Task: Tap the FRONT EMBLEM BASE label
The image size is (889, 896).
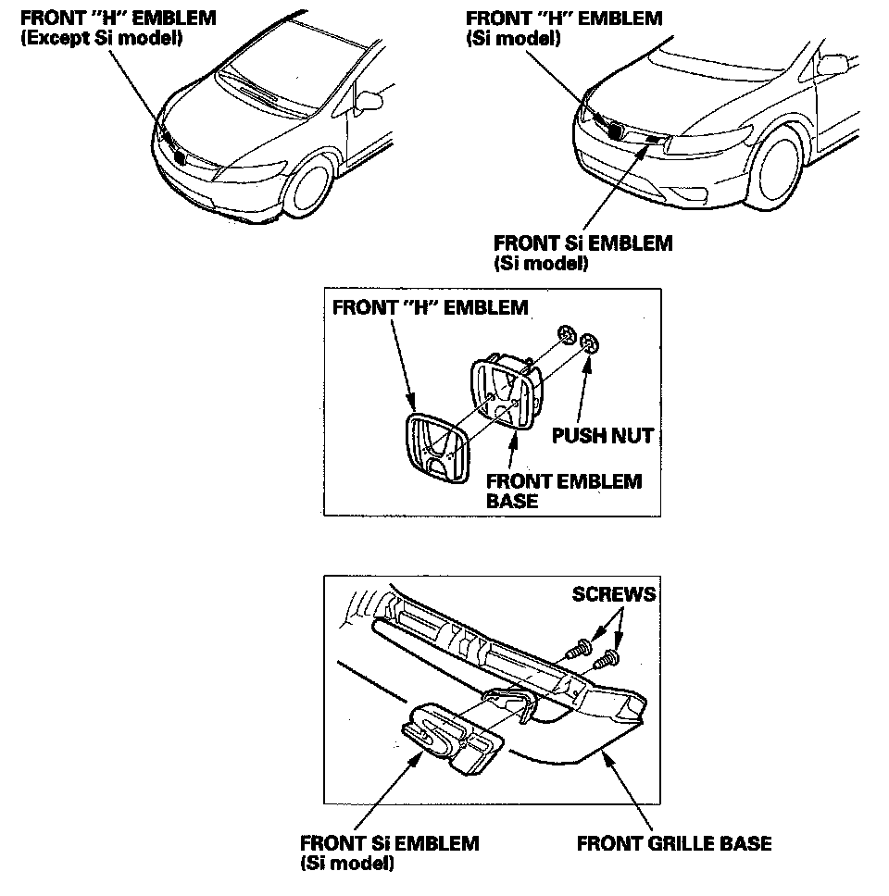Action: tap(563, 491)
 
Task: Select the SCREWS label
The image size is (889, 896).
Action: tap(613, 594)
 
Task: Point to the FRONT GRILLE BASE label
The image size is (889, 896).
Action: tap(673, 843)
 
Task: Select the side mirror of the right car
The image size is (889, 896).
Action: tap(831, 65)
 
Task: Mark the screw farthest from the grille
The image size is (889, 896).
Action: tap(607, 659)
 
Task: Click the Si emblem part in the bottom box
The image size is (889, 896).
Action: tap(448, 735)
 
